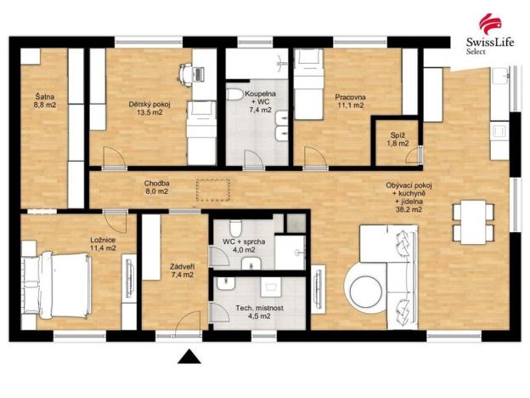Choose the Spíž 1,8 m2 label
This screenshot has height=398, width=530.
tap(397, 139)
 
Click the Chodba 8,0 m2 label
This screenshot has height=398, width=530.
tap(155, 187)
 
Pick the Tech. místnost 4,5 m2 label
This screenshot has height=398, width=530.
tap(252, 311)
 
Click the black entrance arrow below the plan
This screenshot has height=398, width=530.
tap(189, 357)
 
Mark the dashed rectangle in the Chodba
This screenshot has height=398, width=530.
tap(213, 189)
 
